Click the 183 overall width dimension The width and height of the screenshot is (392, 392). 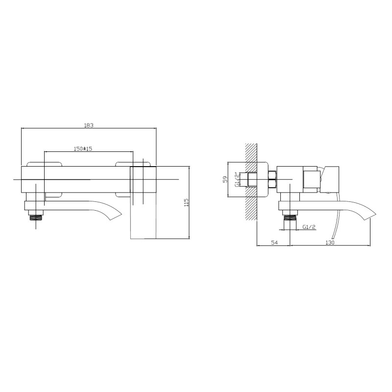click(x=89, y=125)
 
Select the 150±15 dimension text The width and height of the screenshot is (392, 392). click(x=83, y=148)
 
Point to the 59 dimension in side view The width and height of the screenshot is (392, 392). click(x=225, y=180)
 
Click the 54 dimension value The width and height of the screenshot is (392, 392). click(x=274, y=243)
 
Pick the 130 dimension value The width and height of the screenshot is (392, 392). click(x=330, y=243)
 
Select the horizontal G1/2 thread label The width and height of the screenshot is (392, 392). click(x=309, y=227)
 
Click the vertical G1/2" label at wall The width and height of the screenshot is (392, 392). click(x=237, y=180)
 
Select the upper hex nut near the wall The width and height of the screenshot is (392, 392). click(x=272, y=174)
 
